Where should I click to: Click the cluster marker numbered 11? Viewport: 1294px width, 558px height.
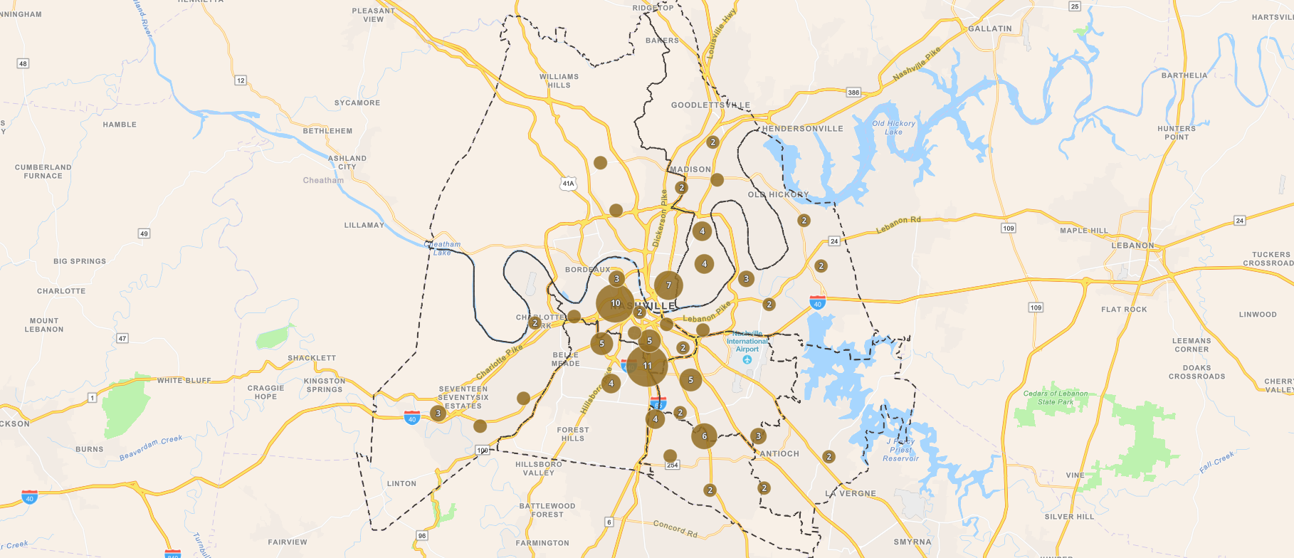tap(647, 366)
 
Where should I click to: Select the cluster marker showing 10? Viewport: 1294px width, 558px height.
tap(615, 303)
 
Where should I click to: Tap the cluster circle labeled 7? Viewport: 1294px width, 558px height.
tap(668, 285)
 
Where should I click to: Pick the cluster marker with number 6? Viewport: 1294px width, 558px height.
tap(704, 436)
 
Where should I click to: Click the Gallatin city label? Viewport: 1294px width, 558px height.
tap(989, 28)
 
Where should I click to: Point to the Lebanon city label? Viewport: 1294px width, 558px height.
tap(1132, 246)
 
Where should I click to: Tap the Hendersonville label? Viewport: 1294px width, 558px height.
tap(802, 129)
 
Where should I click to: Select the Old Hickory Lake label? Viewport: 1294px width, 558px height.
tap(893, 127)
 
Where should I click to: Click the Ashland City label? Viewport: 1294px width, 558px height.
tap(347, 162)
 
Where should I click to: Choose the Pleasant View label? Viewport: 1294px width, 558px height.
tap(373, 15)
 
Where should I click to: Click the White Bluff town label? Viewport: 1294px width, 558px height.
tap(184, 381)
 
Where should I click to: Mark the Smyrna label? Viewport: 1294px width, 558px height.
tap(912, 542)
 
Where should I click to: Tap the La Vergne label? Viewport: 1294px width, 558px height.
tap(851, 493)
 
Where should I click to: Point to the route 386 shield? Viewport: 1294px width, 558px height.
tap(853, 93)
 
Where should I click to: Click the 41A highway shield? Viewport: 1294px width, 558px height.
tap(568, 184)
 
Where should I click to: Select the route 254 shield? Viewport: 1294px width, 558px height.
tap(673, 465)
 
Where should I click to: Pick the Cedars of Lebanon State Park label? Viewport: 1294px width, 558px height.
tap(1056, 397)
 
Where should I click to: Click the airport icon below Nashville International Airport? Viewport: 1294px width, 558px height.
tap(747, 360)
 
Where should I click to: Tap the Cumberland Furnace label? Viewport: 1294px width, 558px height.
tap(43, 172)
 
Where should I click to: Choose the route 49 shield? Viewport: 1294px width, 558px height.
tap(144, 233)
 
